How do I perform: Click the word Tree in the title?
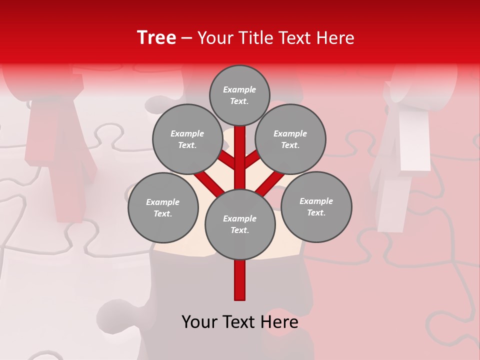156,37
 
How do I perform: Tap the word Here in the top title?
335,38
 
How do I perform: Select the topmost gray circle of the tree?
239,95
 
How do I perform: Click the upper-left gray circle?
187,139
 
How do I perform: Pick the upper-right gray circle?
290,139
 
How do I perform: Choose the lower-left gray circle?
163,207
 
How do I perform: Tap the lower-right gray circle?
316,206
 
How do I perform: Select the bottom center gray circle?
240,224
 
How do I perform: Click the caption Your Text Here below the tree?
240,321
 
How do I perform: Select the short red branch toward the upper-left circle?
227,160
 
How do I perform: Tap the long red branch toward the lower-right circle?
273,183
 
